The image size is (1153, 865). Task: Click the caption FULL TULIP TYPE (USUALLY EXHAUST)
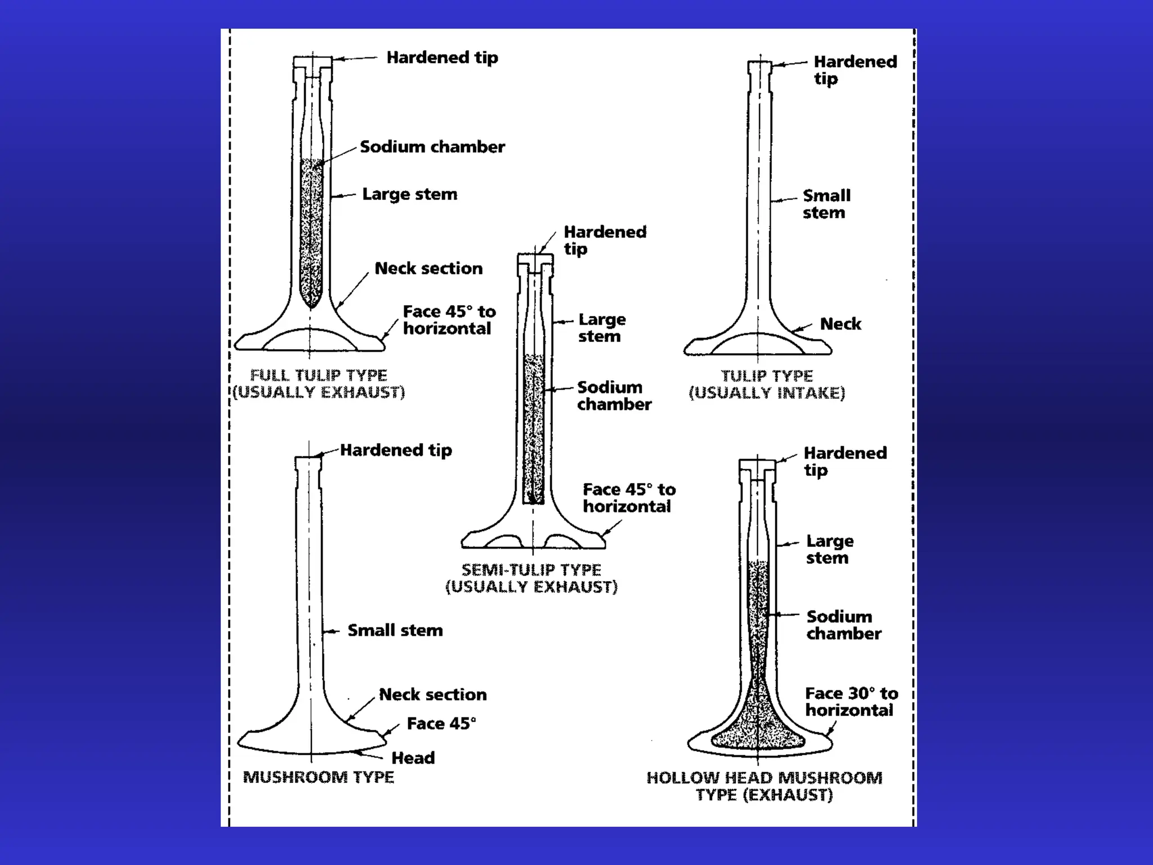(319, 384)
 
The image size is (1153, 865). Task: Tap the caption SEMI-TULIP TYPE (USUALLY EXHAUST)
(531, 578)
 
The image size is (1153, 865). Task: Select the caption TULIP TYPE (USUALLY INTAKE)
(767, 384)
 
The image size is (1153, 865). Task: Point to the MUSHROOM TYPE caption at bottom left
(319, 777)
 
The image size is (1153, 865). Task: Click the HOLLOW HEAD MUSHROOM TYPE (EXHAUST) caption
(764, 786)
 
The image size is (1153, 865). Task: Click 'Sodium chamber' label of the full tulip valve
(432, 147)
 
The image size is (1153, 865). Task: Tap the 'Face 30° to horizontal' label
(851, 702)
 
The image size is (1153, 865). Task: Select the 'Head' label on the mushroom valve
(413, 758)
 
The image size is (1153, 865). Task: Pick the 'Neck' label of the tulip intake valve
(841, 324)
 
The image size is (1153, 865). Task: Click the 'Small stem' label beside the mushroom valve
(395, 630)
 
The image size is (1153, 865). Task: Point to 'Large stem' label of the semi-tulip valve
(601, 328)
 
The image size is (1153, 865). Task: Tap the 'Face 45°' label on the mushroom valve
(441, 724)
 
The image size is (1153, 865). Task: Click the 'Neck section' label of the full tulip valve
(428, 268)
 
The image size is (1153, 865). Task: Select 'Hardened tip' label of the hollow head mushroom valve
(844, 461)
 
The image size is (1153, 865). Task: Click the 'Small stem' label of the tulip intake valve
(826, 204)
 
